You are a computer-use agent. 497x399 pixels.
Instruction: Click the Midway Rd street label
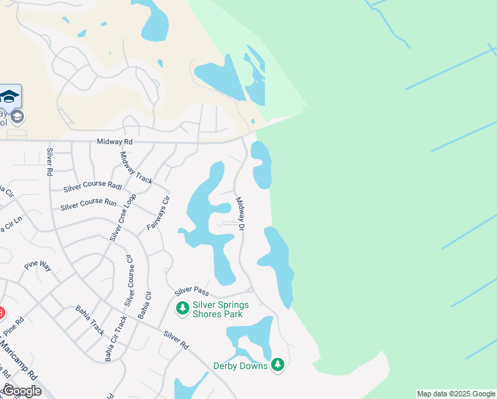click(115, 142)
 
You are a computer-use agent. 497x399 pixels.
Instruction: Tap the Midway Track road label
click(136, 168)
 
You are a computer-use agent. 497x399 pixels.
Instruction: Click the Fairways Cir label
click(159, 213)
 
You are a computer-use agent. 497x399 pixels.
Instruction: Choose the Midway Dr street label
click(241, 213)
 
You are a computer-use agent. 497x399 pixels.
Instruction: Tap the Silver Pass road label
click(192, 291)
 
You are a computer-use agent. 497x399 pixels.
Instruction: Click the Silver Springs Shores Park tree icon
click(182, 309)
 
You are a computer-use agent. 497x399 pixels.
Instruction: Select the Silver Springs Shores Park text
click(221, 309)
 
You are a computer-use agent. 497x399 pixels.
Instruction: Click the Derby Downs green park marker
click(278, 364)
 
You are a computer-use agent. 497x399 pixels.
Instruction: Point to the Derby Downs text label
click(240, 366)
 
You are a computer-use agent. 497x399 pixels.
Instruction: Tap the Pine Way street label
click(38, 265)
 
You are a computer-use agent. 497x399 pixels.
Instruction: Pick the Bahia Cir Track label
click(113, 338)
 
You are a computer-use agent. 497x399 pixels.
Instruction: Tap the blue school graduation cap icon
click(9, 97)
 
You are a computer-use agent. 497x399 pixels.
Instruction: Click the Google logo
click(22, 391)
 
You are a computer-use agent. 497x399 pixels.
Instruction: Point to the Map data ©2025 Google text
click(456, 394)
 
